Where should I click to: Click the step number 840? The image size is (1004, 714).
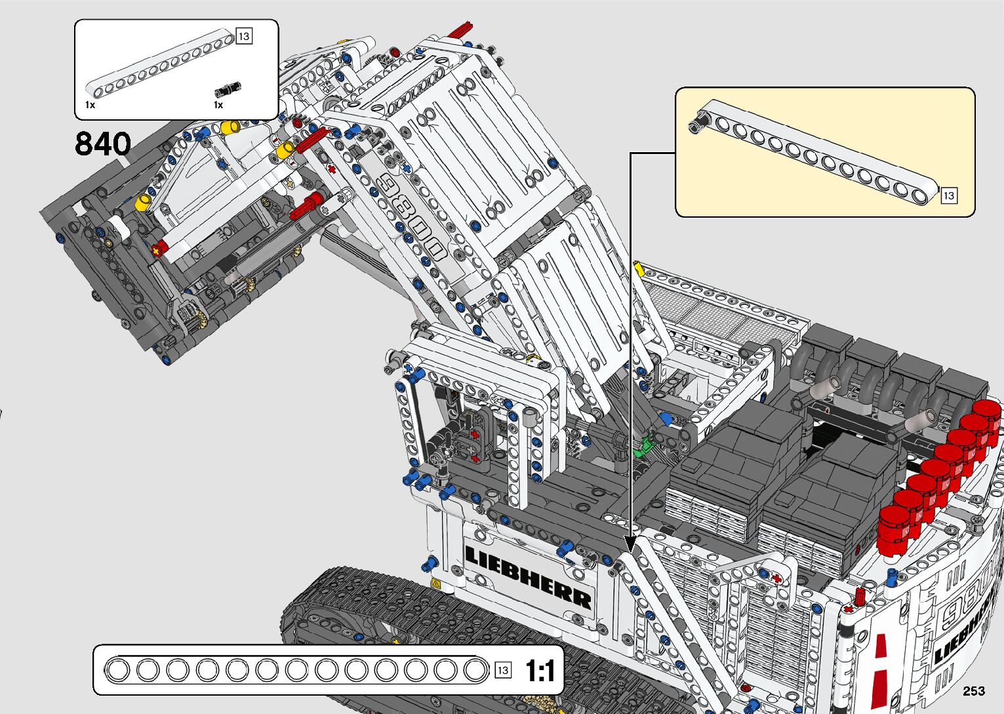pyautogui.click(x=103, y=144)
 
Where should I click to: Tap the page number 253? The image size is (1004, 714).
pyautogui.click(x=974, y=690)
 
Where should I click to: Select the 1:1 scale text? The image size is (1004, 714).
pyautogui.click(x=540, y=671)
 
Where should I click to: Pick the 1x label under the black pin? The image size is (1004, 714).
pyautogui.click(x=218, y=105)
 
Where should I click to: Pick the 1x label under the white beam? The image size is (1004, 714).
pyautogui.click(x=90, y=105)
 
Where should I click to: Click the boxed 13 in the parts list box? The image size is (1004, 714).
pyautogui.click(x=244, y=36)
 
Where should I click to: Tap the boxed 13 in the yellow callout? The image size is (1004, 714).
pyautogui.click(x=948, y=195)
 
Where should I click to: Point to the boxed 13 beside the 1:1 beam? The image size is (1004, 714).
pyautogui.click(x=502, y=670)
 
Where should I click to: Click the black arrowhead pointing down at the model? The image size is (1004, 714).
pyautogui.click(x=630, y=545)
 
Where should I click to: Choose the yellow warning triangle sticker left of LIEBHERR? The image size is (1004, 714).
pyautogui.click(x=435, y=584)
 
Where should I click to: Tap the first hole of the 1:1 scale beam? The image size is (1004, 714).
pyautogui.click(x=118, y=671)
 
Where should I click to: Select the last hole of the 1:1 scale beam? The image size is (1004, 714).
pyautogui.click(x=474, y=671)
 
